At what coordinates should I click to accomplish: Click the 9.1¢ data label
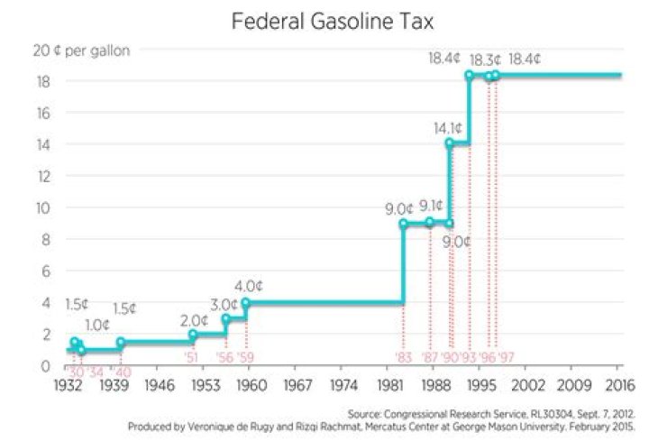[431, 206]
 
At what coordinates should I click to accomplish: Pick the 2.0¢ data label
[193, 319]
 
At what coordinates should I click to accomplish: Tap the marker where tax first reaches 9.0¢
[403, 224]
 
